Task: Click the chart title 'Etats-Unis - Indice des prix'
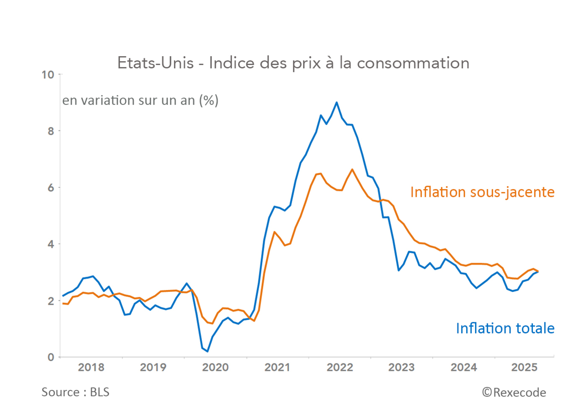pos(293,63)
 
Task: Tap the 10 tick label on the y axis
pos(48,75)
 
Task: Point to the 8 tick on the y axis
pos(51,131)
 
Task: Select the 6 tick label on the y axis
pos(51,188)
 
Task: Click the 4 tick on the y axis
pos(51,245)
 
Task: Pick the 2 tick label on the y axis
pos(51,301)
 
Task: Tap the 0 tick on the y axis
pos(51,357)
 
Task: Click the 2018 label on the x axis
pos(91,367)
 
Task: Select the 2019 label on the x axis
pos(153,367)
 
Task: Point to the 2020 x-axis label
pos(215,367)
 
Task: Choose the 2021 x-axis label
pos(277,367)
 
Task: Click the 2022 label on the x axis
pos(340,367)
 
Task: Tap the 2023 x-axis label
pos(401,367)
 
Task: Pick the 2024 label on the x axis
pos(463,367)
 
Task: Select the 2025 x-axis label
pos(524,367)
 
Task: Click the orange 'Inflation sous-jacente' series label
pos(482,192)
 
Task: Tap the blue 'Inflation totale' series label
pos(505,329)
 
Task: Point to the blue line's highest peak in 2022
pos(337,102)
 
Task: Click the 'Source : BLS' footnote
pos(75,392)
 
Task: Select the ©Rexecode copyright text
pos(514,393)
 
